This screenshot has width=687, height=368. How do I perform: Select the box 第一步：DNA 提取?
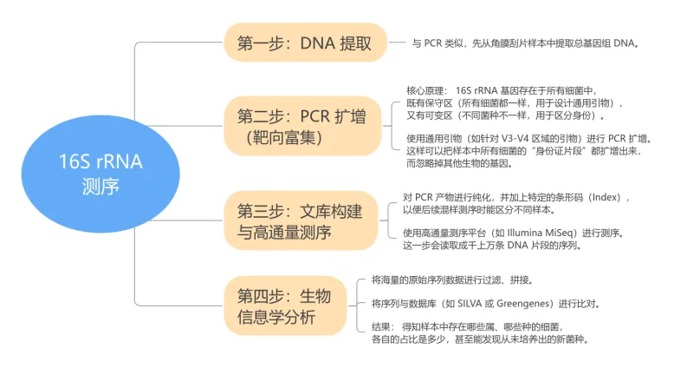click(299, 43)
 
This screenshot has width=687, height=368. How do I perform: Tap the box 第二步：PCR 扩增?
click(299, 126)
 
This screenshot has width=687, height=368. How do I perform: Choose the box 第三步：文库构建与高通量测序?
click(299, 220)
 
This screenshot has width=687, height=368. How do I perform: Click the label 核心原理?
click(426, 90)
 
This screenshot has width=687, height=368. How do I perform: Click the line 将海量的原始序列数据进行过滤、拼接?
click(451, 280)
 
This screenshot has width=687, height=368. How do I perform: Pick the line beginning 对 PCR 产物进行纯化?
click(522, 197)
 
